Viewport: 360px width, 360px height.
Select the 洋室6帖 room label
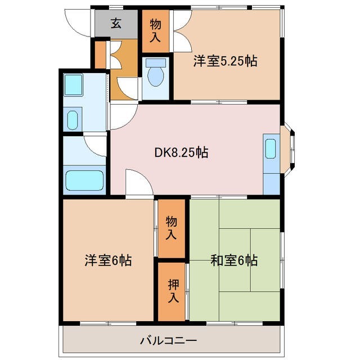click(x=109, y=261)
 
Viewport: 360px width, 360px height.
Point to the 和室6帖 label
click(x=235, y=260)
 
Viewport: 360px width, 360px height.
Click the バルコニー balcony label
click(x=168, y=340)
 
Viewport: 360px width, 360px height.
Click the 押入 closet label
click(x=172, y=291)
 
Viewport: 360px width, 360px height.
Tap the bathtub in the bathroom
click(x=85, y=181)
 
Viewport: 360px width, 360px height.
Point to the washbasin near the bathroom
click(x=73, y=119)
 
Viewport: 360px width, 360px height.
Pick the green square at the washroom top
click(x=73, y=84)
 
